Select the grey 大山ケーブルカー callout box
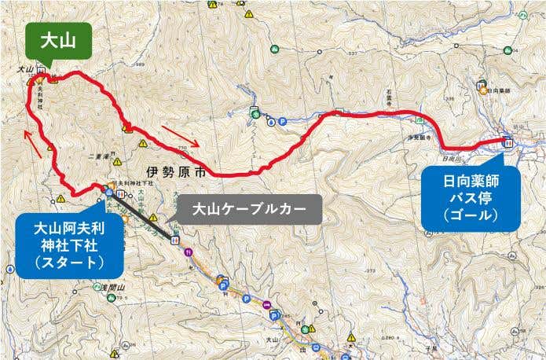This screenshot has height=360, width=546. coord(250,210)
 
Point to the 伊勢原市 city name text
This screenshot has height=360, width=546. coord(177,170)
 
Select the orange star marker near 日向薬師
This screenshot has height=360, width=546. coord(484,90)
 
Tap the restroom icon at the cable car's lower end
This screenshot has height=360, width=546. coord(175,237)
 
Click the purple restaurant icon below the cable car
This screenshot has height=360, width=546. coord(188,252)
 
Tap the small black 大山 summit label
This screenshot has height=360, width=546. coord(23,70)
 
